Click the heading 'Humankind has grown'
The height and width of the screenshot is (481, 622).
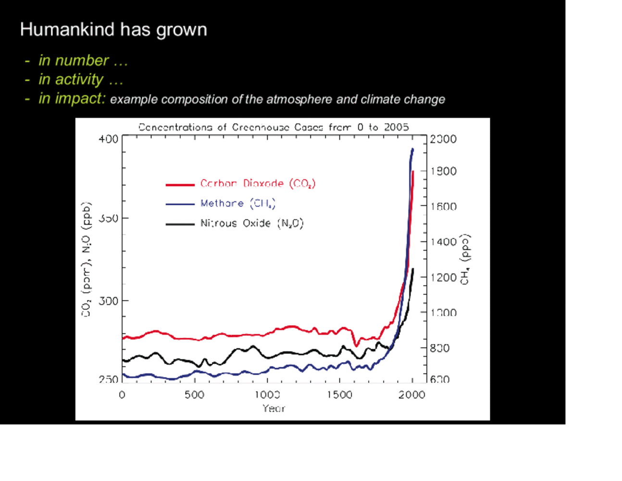[113, 30]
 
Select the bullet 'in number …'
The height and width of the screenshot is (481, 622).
[83, 61]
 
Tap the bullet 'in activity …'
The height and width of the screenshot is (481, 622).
[80, 79]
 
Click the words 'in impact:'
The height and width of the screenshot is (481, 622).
[72, 99]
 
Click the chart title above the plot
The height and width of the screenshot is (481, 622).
[274, 127]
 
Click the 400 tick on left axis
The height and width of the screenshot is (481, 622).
[108, 139]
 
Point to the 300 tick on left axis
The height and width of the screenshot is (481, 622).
[108, 301]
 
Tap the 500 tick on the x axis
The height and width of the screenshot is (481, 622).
[194, 395]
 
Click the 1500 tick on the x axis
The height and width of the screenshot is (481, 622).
[339, 395]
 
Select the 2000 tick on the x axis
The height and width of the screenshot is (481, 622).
[411, 395]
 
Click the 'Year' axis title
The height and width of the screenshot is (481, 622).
[274, 408]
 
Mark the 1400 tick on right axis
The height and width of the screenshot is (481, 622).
[443, 242]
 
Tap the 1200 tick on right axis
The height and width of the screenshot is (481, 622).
[443, 278]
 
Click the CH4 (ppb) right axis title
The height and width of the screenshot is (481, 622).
[465, 260]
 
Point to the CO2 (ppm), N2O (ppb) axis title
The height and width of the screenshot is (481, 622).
[87, 260]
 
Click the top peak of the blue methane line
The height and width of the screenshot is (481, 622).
[412, 150]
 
